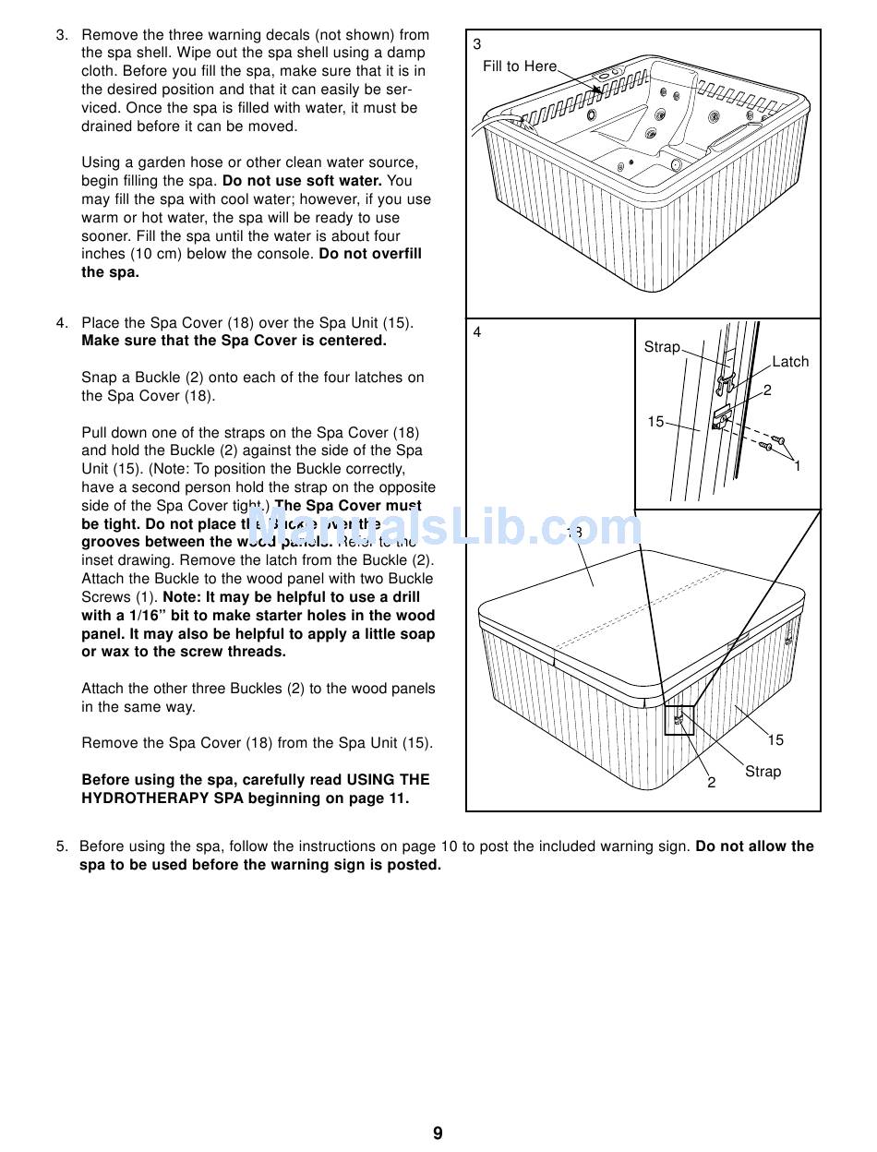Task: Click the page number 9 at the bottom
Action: [x=438, y=1133]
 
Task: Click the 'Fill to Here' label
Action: [x=520, y=66]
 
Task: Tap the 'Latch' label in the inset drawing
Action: [x=789, y=362]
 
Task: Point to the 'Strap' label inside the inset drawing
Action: [x=661, y=347]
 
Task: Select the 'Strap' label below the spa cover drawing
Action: [x=763, y=772]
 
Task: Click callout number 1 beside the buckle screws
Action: [x=798, y=466]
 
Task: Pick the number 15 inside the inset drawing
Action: [x=655, y=422]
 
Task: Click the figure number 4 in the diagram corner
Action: [x=477, y=332]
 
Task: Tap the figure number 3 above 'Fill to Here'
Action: [x=477, y=44]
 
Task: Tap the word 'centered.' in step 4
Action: [x=355, y=341]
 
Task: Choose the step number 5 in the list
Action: [x=61, y=846]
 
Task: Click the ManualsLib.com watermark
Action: [x=443, y=528]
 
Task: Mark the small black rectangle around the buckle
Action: [x=679, y=719]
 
